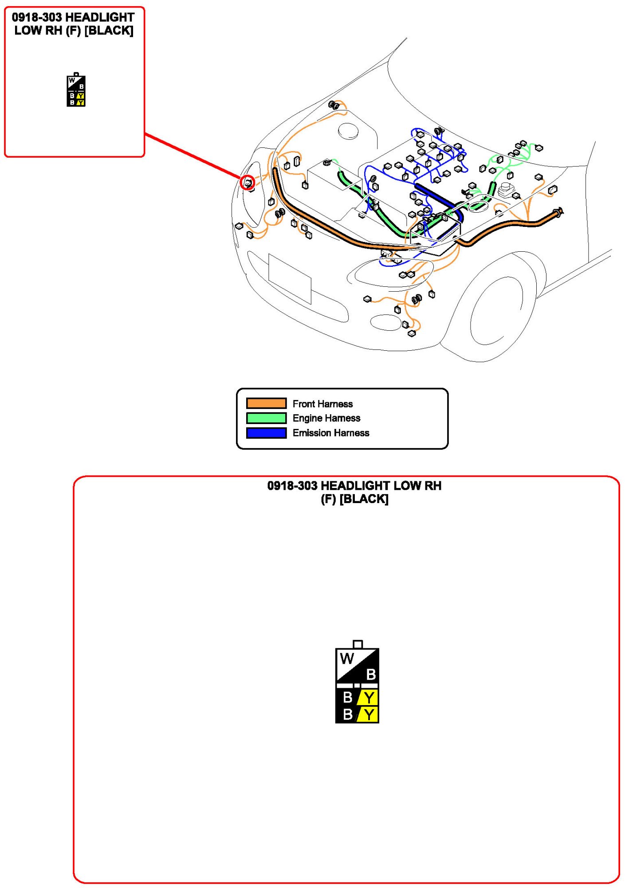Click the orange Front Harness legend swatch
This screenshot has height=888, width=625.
[266, 403]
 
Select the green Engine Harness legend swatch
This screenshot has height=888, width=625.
[266, 418]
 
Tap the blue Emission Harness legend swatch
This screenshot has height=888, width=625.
[266, 432]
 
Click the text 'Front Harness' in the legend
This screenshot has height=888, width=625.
[322, 404]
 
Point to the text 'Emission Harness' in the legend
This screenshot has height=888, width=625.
[330, 433]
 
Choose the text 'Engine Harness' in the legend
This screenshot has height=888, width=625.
[326, 418]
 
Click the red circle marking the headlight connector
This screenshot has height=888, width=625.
[247, 182]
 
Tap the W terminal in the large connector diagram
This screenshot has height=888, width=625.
[346, 658]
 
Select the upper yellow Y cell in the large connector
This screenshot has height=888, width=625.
[369, 698]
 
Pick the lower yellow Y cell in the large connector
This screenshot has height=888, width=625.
[369, 715]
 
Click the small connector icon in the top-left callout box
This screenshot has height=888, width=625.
[76, 91]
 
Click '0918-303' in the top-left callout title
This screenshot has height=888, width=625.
[37, 17]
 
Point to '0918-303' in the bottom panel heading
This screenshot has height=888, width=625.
[292, 486]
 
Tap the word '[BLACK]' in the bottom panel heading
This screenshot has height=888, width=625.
[364, 499]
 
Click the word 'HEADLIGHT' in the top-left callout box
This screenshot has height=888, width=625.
[100, 17]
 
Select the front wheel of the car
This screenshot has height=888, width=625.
[497, 311]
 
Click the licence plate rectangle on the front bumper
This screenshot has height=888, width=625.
[290, 279]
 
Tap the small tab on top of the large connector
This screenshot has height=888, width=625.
[358, 644]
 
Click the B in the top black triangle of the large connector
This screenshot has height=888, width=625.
[371, 674]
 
